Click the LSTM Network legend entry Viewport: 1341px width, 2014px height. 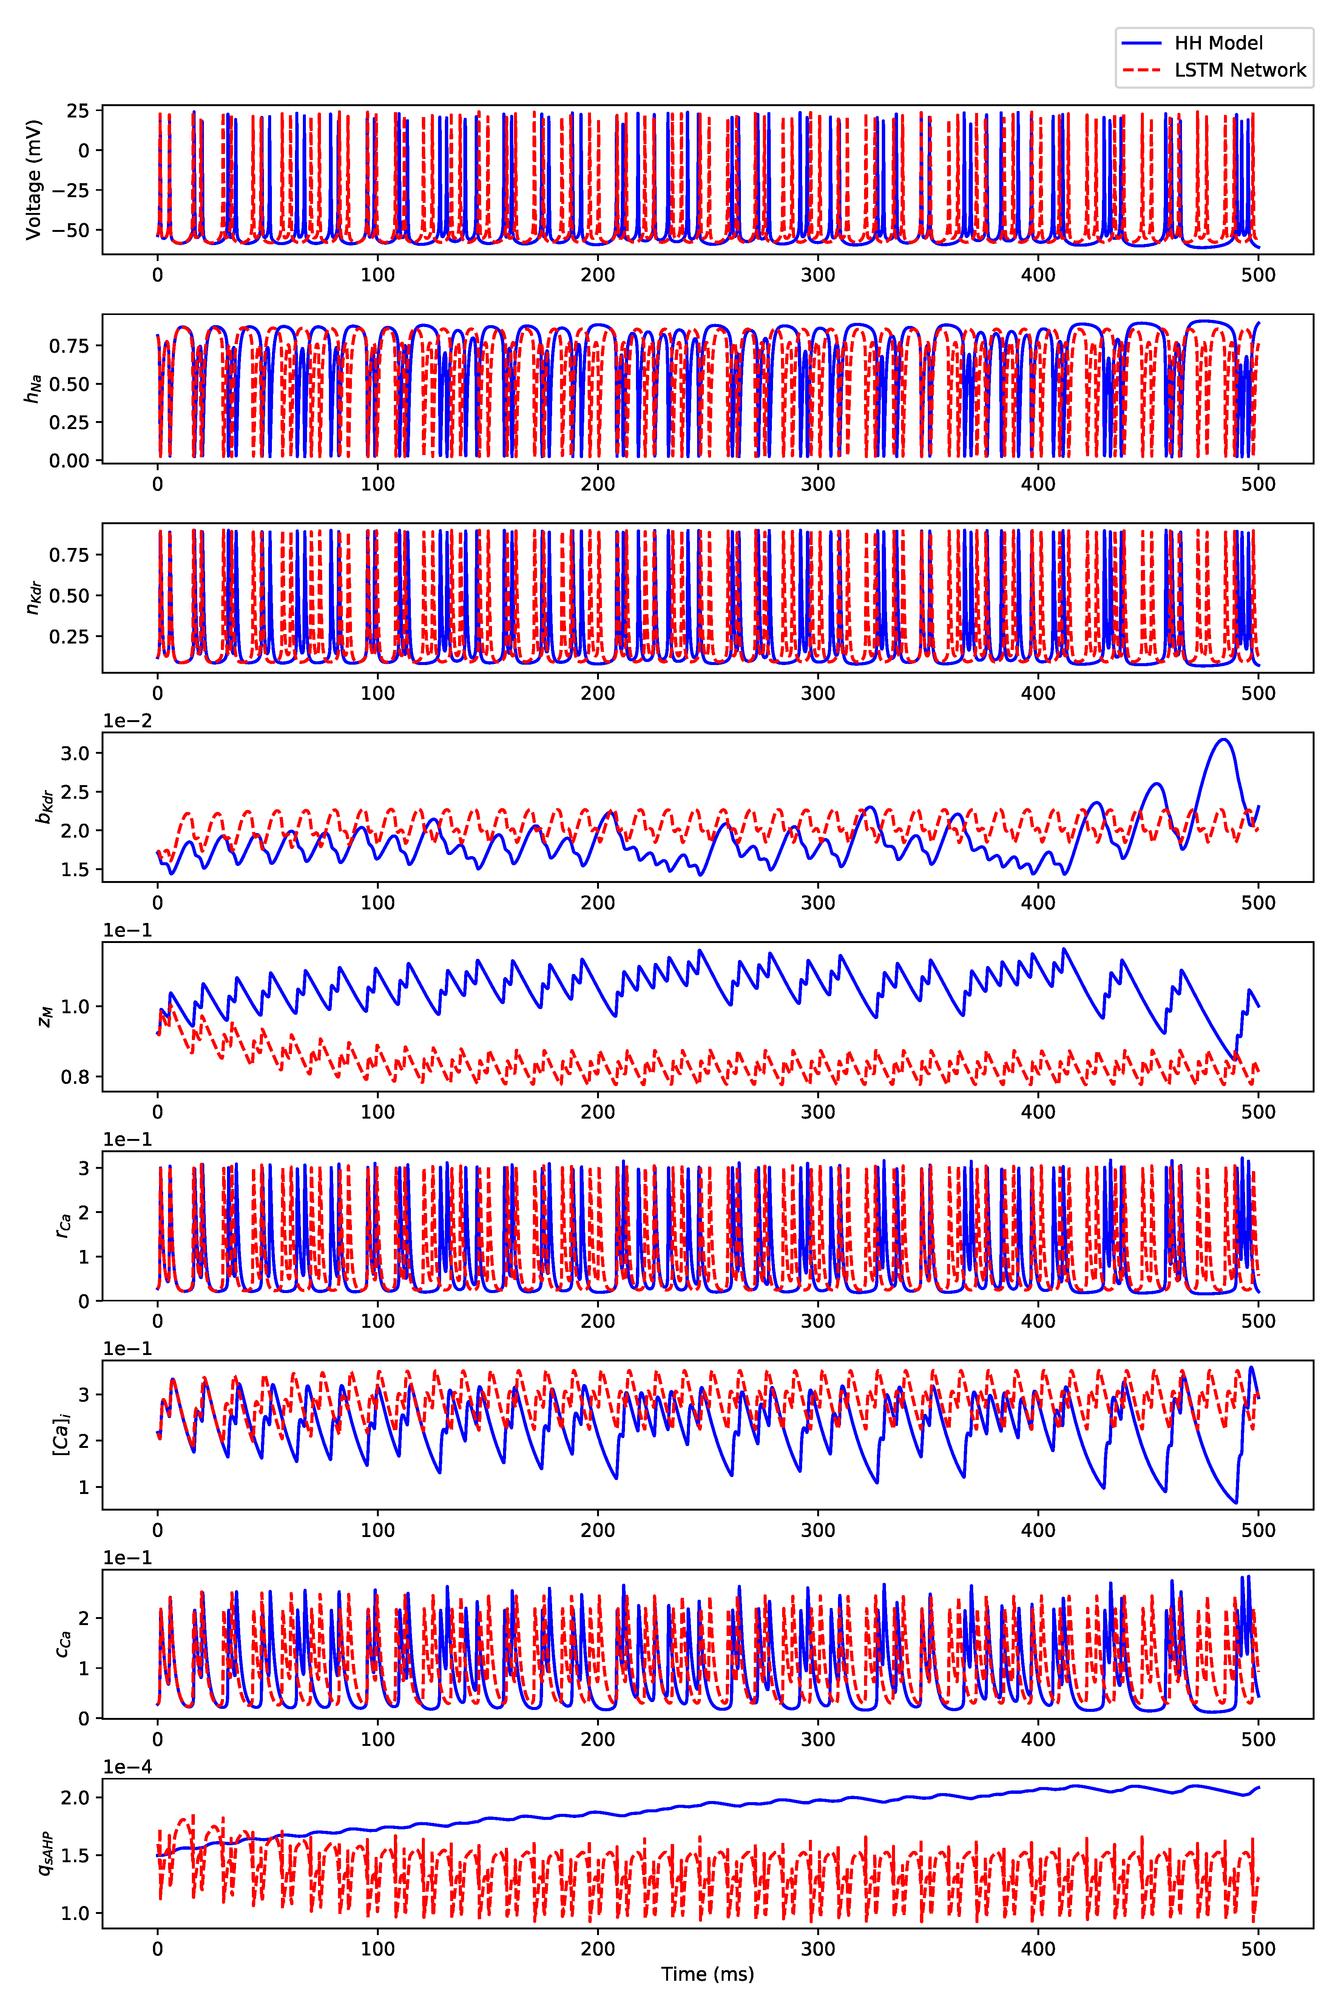[1239, 70]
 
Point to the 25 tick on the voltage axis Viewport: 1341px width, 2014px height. [78, 111]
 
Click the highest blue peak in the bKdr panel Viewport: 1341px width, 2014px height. [1224, 740]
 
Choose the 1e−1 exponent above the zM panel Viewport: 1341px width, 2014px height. [127, 931]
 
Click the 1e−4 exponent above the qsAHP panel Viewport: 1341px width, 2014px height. [127, 1767]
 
